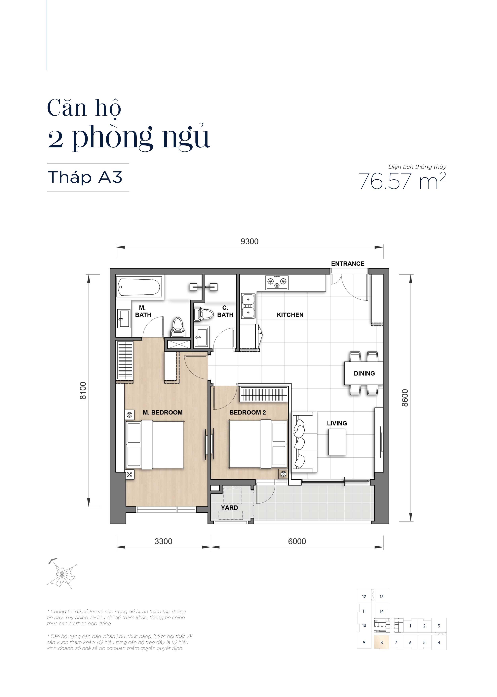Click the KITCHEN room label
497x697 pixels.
[290, 315]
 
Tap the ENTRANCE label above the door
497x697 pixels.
[348, 263]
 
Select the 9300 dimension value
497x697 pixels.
[249, 241]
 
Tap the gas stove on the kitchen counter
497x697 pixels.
[277, 282]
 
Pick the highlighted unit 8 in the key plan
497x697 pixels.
[381, 642]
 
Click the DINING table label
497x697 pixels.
[364, 373]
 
